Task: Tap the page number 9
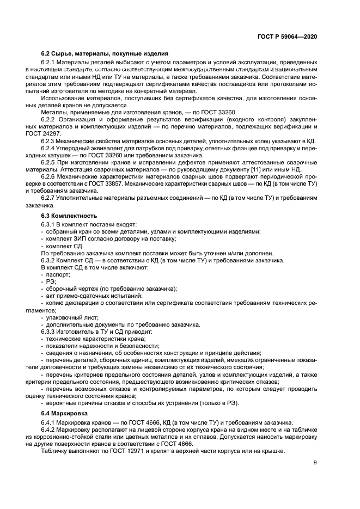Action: [x=315, y=463]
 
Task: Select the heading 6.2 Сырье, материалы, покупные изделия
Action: [x=105, y=53]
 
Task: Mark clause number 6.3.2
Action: [x=50, y=260]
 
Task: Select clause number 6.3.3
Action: [x=50, y=331]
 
